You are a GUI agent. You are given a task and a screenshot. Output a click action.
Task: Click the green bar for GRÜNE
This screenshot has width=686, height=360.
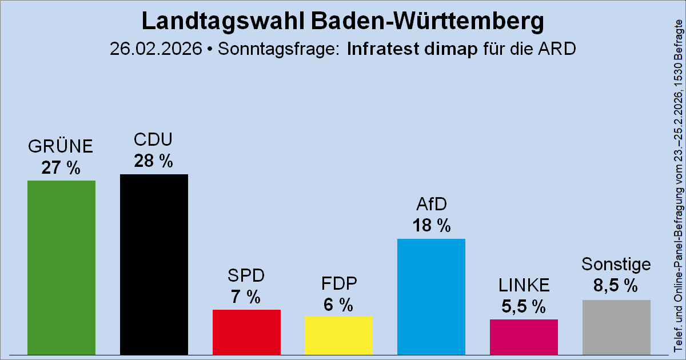(61, 267)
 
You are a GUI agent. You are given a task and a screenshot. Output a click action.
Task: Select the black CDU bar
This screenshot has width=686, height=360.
(154, 264)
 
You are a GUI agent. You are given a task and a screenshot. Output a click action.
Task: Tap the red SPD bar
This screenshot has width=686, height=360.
(246, 332)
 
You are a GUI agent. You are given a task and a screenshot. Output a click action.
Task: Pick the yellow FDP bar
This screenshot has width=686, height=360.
(339, 335)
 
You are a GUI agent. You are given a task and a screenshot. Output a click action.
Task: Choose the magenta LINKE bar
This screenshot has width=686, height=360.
(524, 337)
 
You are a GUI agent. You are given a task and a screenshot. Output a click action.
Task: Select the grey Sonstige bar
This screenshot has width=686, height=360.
(616, 327)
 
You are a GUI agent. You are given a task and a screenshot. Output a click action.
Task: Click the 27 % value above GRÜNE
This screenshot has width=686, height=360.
(61, 168)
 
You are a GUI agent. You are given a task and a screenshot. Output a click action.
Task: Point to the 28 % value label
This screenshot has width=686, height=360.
(154, 162)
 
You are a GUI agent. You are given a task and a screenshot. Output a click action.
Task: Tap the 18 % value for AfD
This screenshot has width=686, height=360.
(431, 226)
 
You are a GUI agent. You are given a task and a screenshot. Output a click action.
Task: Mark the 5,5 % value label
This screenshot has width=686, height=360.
(524, 307)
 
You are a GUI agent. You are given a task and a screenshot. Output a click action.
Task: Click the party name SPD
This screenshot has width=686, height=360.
(246, 275)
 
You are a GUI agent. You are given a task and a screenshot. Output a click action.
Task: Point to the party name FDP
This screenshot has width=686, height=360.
(339, 283)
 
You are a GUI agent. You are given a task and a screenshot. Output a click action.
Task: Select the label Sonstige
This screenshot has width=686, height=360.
(616, 265)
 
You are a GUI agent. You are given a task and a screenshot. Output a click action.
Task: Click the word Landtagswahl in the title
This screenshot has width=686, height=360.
(222, 22)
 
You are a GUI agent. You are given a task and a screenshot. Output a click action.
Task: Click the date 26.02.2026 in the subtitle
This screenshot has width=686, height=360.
(156, 49)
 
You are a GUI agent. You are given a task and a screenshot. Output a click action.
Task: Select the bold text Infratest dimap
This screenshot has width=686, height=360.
(412, 49)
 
